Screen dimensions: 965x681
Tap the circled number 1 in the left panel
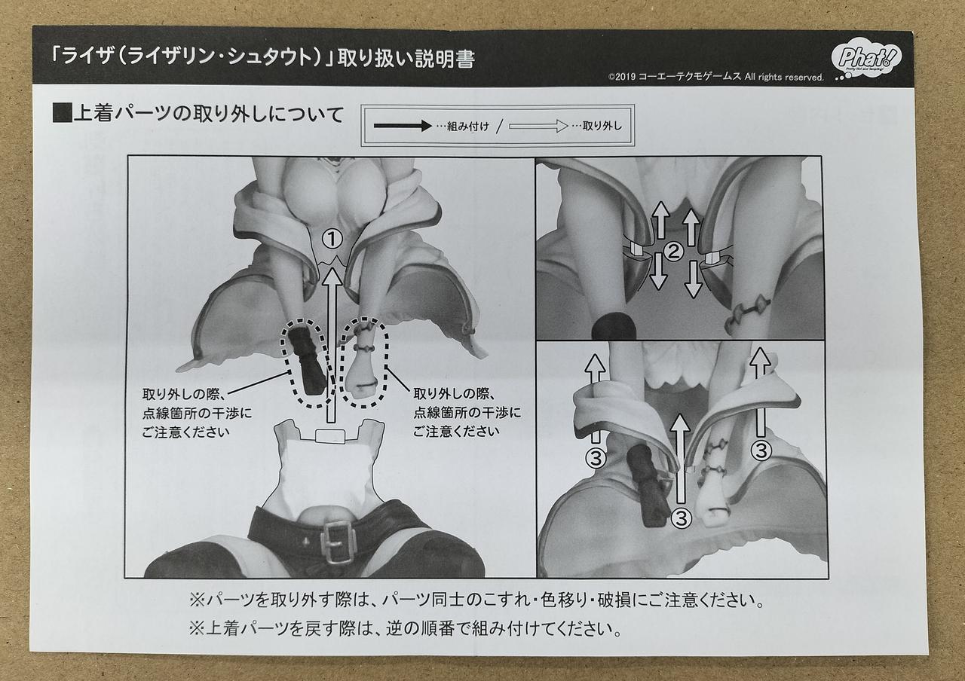click(x=332, y=240)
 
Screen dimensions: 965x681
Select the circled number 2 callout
click(x=674, y=252)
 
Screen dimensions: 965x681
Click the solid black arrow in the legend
click(x=403, y=126)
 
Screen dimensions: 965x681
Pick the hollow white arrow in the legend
click(x=538, y=126)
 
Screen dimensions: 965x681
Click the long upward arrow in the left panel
click(x=331, y=345)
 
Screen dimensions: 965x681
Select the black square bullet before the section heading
click(x=62, y=114)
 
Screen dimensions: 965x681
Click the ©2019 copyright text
click(x=715, y=77)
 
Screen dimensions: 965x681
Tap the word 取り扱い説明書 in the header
click(x=406, y=59)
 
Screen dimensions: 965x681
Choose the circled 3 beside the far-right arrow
click(x=761, y=450)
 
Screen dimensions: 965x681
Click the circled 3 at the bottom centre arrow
click(x=681, y=518)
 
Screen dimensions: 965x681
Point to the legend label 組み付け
click(x=468, y=127)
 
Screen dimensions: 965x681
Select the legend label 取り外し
click(x=602, y=126)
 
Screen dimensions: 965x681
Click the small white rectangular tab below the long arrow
click(x=330, y=435)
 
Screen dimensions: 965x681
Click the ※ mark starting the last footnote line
click(x=197, y=629)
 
